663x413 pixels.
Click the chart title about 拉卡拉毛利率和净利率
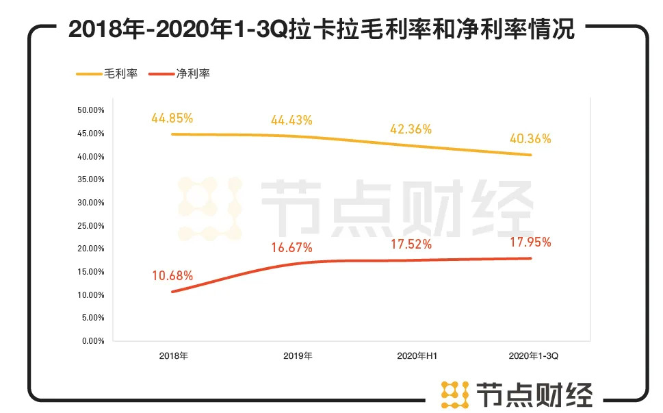pyautogui.click(x=322, y=30)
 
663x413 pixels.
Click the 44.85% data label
pyautogui.click(x=171, y=118)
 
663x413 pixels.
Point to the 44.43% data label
pyautogui.click(x=291, y=121)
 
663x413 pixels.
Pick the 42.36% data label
pyautogui.click(x=411, y=128)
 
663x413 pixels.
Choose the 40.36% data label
pyautogui.click(x=530, y=138)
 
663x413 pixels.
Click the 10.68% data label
pyautogui.click(x=172, y=276)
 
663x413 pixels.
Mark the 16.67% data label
pyautogui.click(x=291, y=247)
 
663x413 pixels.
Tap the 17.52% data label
pyautogui.click(x=411, y=244)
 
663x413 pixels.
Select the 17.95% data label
pyautogui.click(x=530, y=242)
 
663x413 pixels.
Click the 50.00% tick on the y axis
pyautogui.click(x=90, y=110)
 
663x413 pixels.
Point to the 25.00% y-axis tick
pyautogui.click(x=90, y=225)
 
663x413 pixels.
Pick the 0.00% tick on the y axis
pyautogui.click(x=92, y=340)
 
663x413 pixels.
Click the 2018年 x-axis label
pyautogui.click(x=173, y=356)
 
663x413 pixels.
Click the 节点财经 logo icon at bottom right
pyautogui.click(x=454, y=392)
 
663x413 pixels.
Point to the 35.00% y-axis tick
pyautogui.click(x=90, y=179)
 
